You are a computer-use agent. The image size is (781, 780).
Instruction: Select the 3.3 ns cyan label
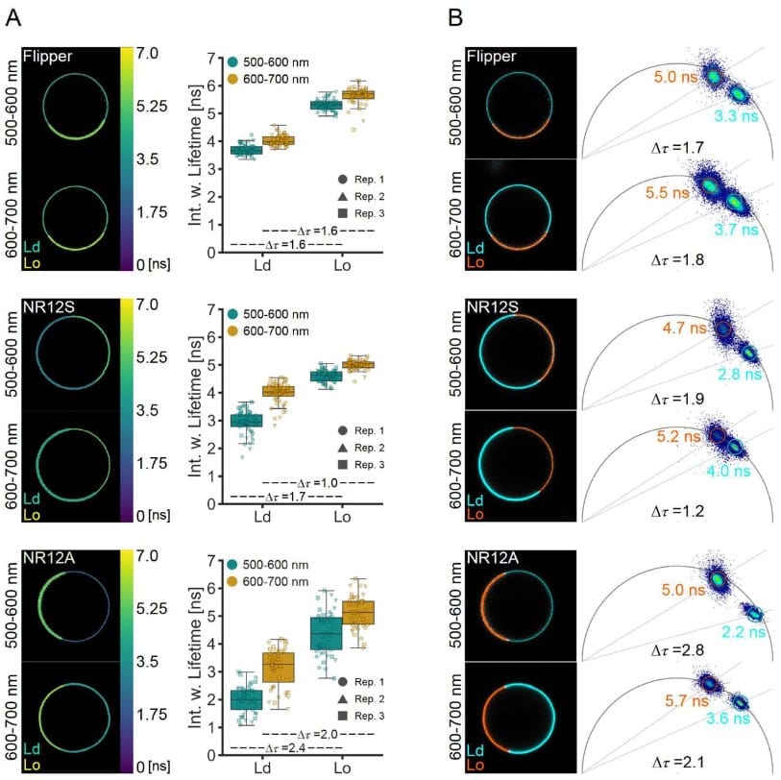click(x=734, y=116)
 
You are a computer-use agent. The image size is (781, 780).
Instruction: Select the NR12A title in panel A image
click(x=47, y=559)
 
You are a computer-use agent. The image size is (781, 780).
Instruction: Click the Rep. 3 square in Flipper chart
click(x=344, y=213)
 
